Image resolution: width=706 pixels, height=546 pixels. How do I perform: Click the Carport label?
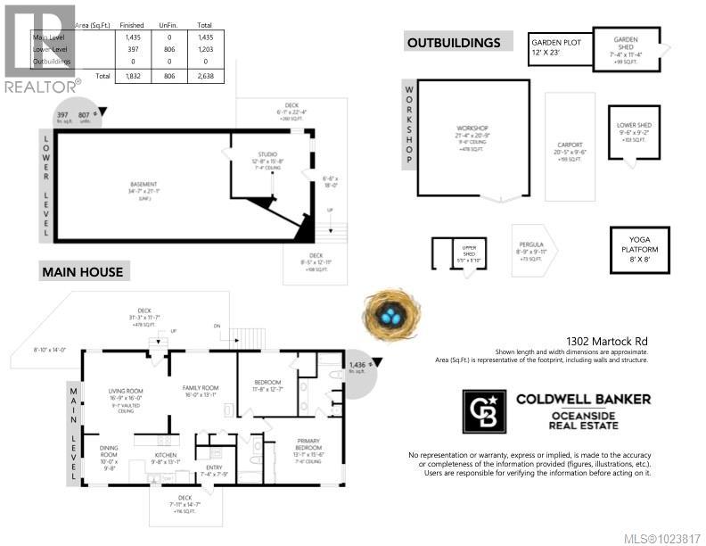point(570,145)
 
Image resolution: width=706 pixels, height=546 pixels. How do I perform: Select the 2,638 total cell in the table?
point(204,77)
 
